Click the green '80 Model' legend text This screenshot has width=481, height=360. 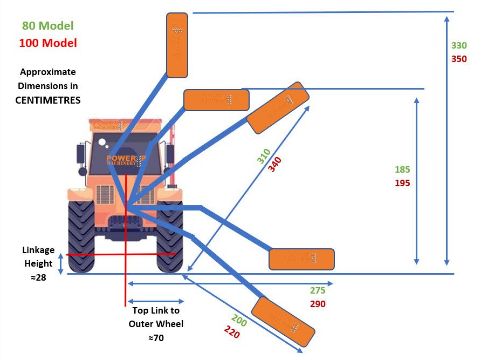pyautogui.click(x=48, y=26)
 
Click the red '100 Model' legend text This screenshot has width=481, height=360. pyautogui.click(x=48, y=43)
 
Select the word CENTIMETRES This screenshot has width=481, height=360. pyautogui.click(x=48, y=100)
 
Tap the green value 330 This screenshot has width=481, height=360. pyautogui.click(x=459, y=45)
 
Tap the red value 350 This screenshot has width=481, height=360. pyautogui.click(x=459, y=59)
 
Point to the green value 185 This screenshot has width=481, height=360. pyautogui.click(x=402, y=169)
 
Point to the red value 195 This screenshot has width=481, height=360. pyautogui.click(x=402, y=183)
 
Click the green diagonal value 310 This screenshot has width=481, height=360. pyautogui.click(x=263, y=156)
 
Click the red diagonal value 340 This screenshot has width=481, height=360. pyautogui.click(x=275, y=164)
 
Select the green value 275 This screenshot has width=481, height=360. pyautogui.click(x=318, y=290)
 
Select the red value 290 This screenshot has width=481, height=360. pyautogui.click(x=318, y=304)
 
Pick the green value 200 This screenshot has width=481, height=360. pyautogui.click(x=239, y=321)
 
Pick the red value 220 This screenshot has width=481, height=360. pyautogui.click(x=232, y=332)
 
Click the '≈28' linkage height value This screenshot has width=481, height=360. pyautogui.click(x=38, y=277)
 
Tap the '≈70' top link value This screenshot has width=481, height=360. pyautogui.click(x=156, y=338)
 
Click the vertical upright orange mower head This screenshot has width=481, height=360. pyautogui.click(x=177, y=45)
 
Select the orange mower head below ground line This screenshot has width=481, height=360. pyautogui.click(x=283, y=322)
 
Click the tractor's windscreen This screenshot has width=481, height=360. pyautogui.click(x=124, y=154)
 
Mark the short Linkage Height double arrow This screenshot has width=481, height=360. pyautogui.click(x=61, y=264)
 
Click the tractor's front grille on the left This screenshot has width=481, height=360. pyautogui.click(x=105, y=195)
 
